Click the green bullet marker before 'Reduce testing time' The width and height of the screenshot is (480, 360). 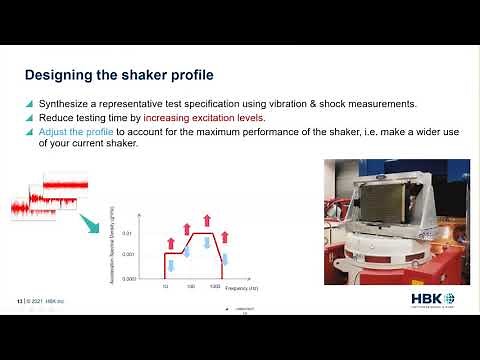tap(29, 118)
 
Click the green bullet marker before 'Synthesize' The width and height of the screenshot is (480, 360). tap(29, 104)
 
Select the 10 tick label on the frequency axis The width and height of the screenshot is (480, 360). tap(166, 286)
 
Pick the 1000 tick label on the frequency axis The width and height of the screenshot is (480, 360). tap(214, 286)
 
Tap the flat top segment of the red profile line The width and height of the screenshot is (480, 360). tap(203, 234)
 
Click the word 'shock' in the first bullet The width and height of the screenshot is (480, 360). tap(343, 104)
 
